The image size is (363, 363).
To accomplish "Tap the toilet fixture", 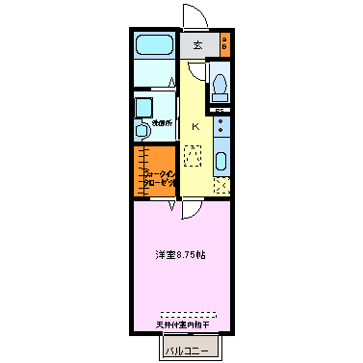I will pyautogui.click(x=220, y=87).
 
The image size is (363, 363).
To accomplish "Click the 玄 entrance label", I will pyautogui.click(x=197, y=44).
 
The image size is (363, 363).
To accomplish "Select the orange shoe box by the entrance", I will pyautogui.click(x=224, y=43).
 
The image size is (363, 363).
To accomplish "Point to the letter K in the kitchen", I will pyautogui.click(x=194, y=127).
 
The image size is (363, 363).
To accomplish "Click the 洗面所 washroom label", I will pyautogui.click(x=162, y=122).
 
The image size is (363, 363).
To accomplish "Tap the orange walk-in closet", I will pyautogui.click(x=155, y=172).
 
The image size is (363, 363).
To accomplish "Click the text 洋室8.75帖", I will pyautogui.click(x=181, y=255).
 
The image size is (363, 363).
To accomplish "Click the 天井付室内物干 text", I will pyautogui.click(x=182, y=324).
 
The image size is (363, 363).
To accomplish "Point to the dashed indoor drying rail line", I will pyautogui.click(x=182, y=314).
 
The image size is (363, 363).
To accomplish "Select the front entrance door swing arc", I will pyautogui.click(x=190, y=16).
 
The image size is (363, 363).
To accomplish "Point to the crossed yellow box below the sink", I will pyautogui.click(x=220, y=186).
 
